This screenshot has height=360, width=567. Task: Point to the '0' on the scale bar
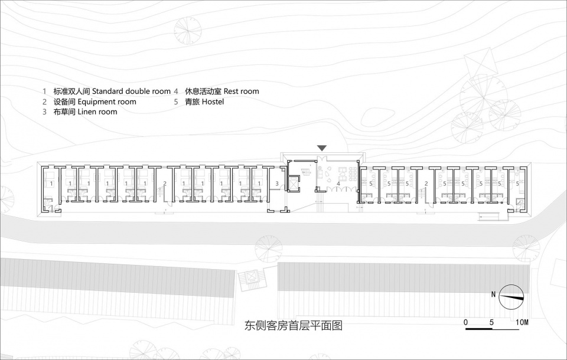coord(466,322)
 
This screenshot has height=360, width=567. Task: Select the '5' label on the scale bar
coord(492,322)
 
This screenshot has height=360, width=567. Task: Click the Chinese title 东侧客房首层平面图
coord(294,325)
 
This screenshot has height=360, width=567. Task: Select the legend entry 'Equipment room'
coord(107,102)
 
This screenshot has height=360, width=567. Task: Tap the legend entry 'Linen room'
coord(97,112)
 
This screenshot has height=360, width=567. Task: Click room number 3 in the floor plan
coord(276,184)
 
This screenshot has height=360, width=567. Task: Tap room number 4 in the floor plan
coord(338,184)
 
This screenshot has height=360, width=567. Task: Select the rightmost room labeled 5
coord(518,184)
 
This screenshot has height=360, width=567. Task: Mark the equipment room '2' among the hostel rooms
coord(425,184)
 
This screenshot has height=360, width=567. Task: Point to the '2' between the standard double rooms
coord(165,184)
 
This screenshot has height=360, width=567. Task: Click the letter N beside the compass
coord(493,294)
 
